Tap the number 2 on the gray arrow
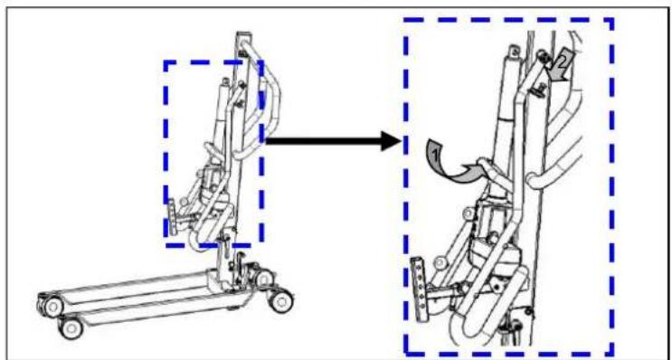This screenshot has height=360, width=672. click(x=563, y=61)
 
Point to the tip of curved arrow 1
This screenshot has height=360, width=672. click(x=478, y=166)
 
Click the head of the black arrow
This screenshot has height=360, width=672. click(x=391, y=141)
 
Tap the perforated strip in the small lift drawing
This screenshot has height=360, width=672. click(x=172, y=217)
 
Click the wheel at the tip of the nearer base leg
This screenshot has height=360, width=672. click(x=71, y=328)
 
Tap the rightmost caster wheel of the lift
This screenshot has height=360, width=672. click(x=282, y=301)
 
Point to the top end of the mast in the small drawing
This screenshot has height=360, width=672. click(x=243, y=33)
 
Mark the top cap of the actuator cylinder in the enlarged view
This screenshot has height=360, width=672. click(x=514, y=52)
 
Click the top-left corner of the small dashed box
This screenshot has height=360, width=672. click(x=166, y=62)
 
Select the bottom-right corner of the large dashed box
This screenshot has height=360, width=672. click(x=612, y=354)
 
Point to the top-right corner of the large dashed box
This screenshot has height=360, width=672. click(x=612, y=20)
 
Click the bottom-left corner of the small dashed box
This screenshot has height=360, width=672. click(x=166, y=245)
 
